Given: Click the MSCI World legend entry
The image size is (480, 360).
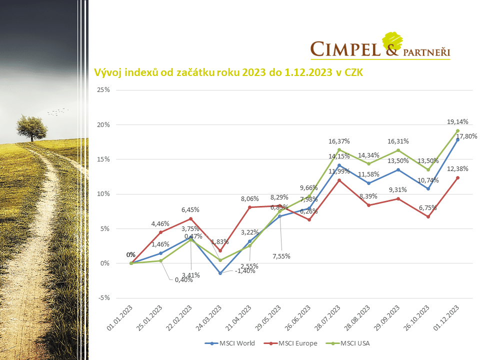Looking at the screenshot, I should click(234, 343).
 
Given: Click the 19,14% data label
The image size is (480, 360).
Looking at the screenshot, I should click(457, 121).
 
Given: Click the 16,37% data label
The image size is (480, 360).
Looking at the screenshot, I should click(338, 141).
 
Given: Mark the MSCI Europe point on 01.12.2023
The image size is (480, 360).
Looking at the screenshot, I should click(457, 177).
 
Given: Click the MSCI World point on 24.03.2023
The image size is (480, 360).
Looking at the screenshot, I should click(220, 273).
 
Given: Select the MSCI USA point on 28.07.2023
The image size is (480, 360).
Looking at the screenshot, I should click(339, 149).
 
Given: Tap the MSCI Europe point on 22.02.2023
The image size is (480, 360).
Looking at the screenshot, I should click(190, 218).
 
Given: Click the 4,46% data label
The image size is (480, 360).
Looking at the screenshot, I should click(160, 223).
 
